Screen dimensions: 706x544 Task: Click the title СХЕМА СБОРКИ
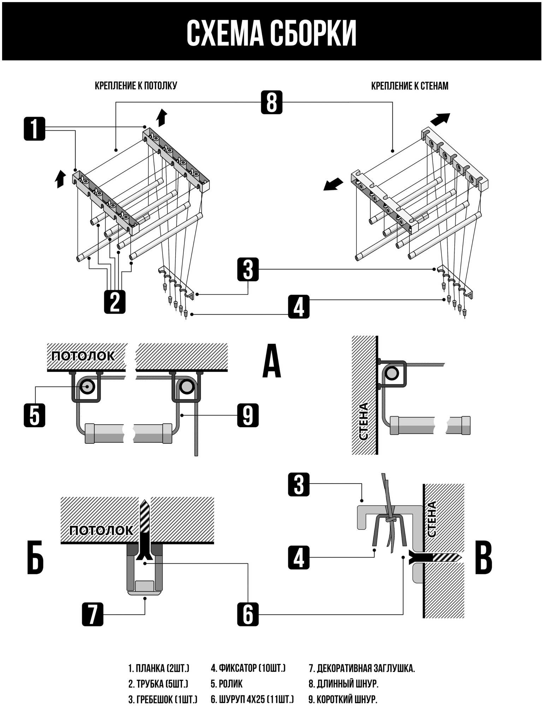271,34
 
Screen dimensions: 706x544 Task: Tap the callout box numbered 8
271,102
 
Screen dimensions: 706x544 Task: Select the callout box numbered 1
35,129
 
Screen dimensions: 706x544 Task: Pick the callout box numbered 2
114,301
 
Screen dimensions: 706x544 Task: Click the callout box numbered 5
35,415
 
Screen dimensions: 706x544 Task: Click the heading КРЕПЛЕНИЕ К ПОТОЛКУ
136,86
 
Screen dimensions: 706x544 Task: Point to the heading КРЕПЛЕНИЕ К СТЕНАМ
410,86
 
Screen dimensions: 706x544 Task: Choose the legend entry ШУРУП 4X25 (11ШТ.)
252,699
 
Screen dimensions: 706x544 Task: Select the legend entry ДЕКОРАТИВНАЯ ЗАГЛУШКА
362,669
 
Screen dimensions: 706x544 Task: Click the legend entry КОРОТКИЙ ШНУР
343,699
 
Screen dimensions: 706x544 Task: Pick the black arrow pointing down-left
333,184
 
